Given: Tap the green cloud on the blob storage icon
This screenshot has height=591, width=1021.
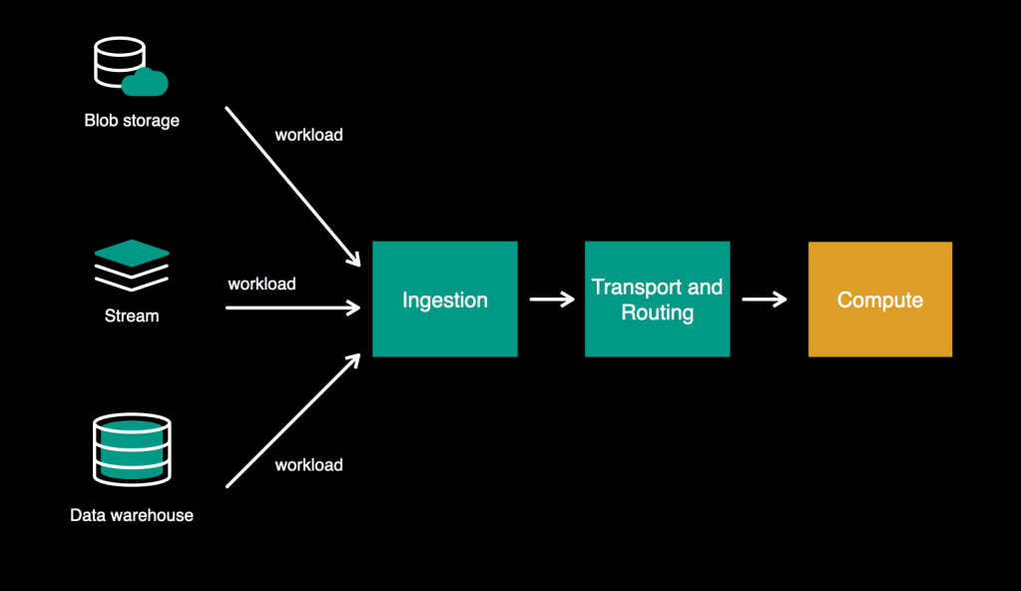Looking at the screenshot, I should coord(146,82).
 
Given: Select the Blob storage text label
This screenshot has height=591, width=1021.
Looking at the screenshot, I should coord(132,121).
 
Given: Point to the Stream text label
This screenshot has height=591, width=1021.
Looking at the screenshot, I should coord(132,316).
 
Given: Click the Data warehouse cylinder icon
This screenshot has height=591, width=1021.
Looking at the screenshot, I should coord(132,448).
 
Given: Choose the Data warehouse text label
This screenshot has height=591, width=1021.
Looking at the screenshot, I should coord(132,516).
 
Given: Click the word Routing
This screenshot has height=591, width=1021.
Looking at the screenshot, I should coord(657,312).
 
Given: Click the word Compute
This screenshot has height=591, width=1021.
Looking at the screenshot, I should coord(879,299).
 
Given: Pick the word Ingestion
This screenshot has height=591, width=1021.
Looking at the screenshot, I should coord(445,299).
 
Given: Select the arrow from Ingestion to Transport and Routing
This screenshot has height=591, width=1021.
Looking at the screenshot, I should coord(551,298).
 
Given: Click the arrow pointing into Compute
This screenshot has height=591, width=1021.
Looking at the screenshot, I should coord(765,298).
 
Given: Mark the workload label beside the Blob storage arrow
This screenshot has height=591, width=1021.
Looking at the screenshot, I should coord(308,135).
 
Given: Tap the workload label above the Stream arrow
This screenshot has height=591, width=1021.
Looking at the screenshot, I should coord(261,284).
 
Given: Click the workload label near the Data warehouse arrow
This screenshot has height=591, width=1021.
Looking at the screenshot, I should coord(308,464).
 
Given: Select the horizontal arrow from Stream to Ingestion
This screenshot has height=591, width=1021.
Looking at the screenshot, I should coord(292,307).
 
